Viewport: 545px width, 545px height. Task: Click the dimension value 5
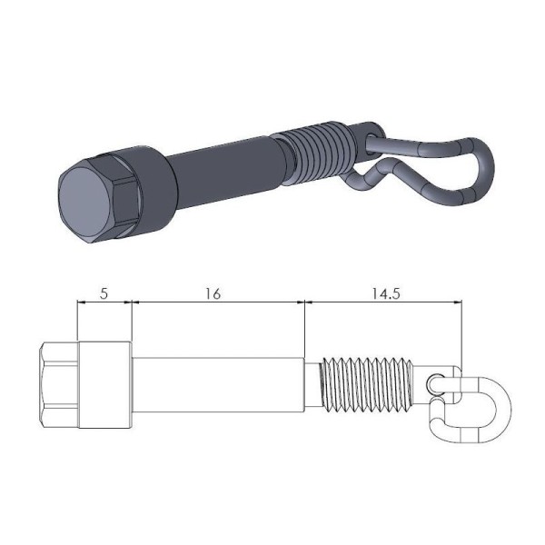[x=104, y=293]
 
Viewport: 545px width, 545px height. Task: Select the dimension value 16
[x=213, y=293]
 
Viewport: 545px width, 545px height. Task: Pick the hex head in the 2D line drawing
[x=60, y=385]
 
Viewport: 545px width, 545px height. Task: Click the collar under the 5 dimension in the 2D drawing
[x=105, y=385]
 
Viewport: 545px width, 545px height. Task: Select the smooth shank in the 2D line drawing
[x=218, y=385]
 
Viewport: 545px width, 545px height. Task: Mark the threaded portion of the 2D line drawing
[x=363, y=385]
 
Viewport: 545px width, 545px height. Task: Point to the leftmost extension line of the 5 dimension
[x=78, y=322]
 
